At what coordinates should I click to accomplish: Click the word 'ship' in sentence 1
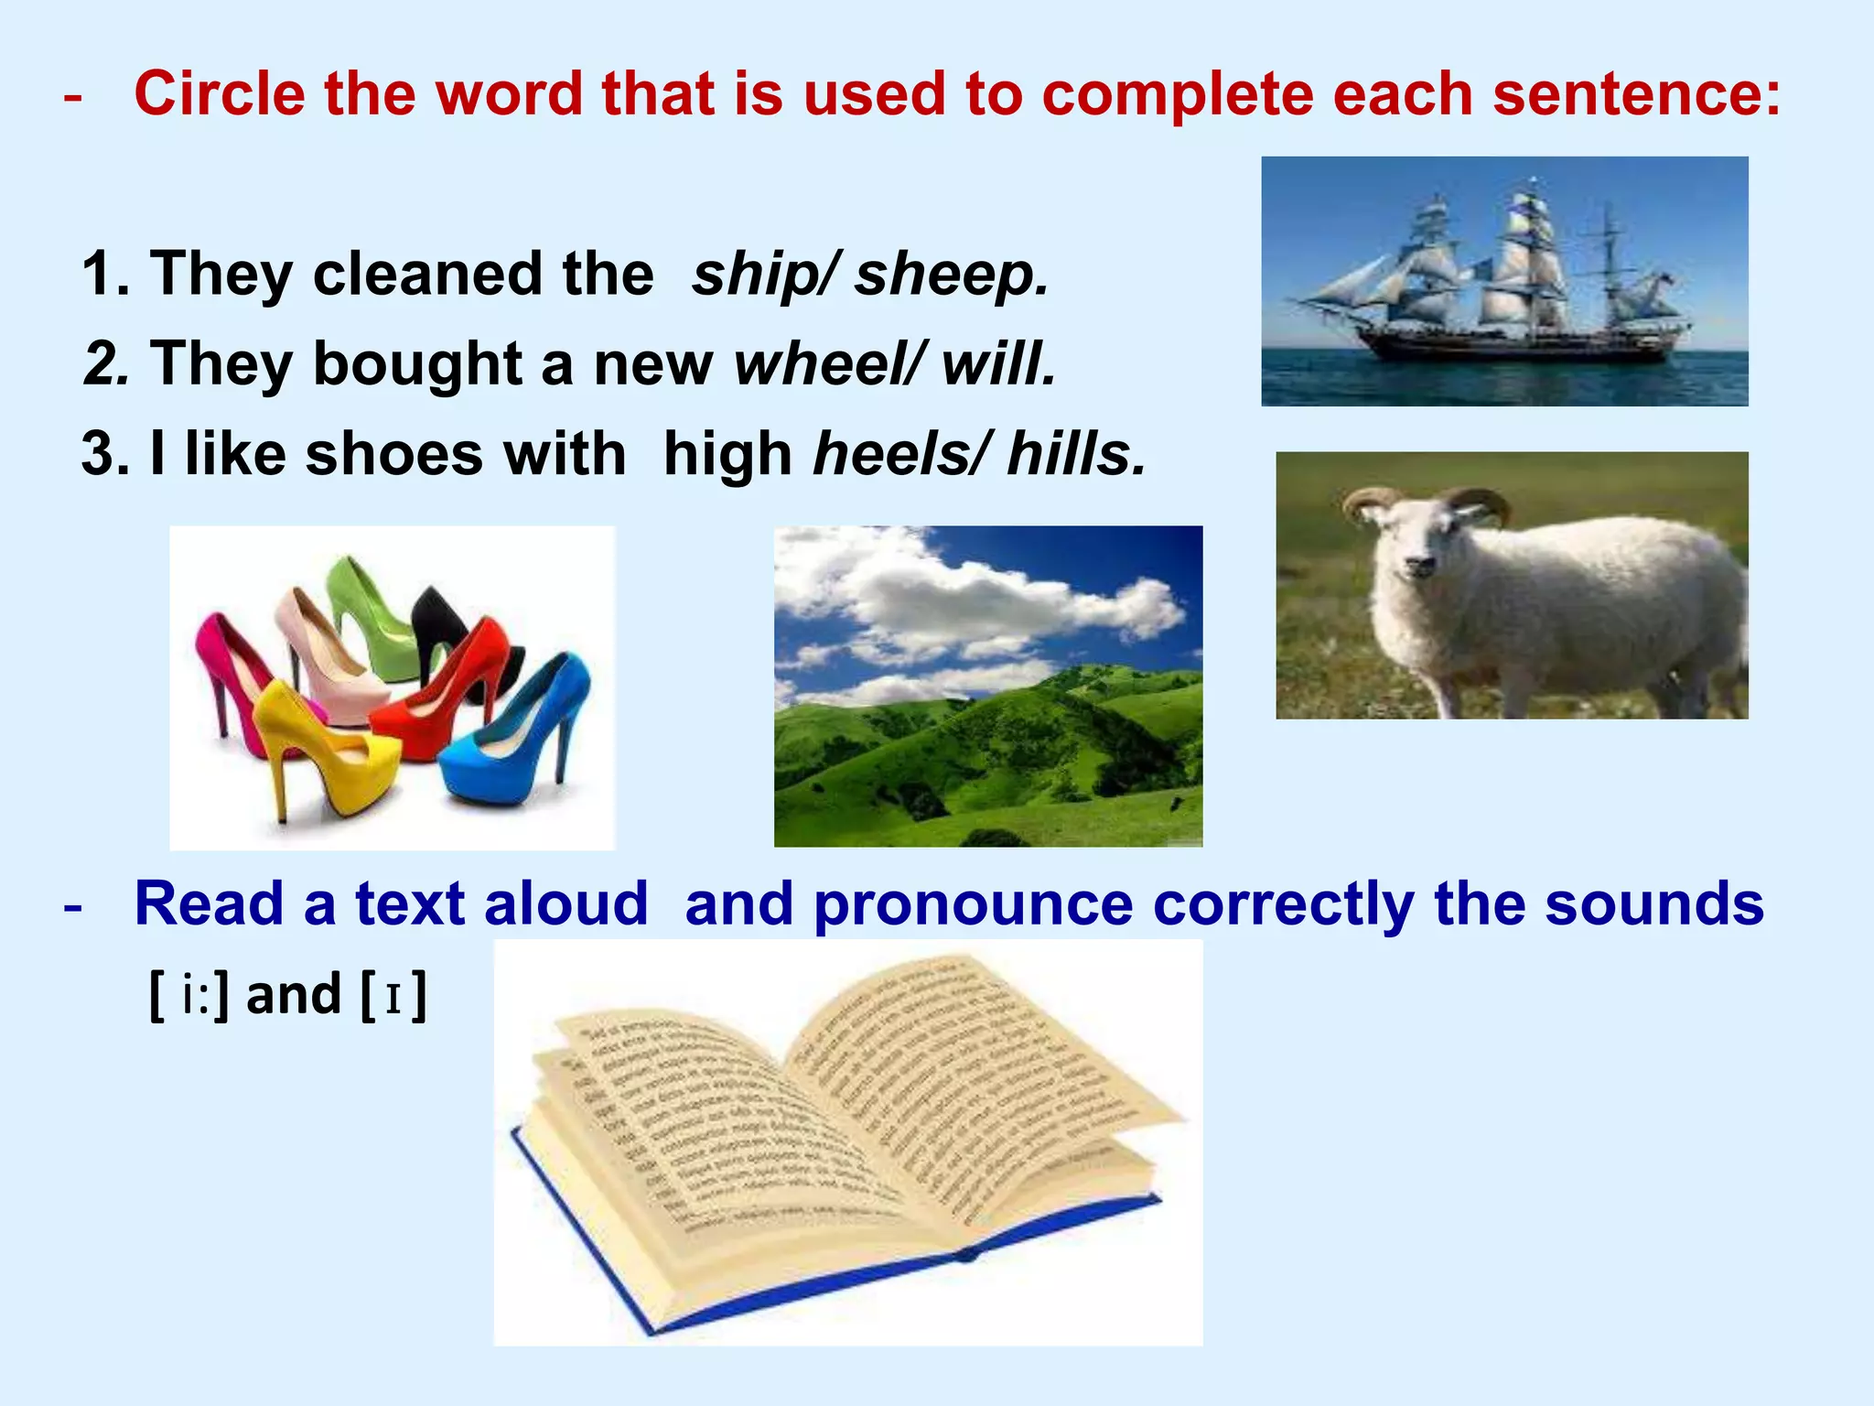click(x=756, y=275)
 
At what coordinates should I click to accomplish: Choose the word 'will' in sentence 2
click(x=997, y=364)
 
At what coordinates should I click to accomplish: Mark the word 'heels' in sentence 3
click(x=896, y=454)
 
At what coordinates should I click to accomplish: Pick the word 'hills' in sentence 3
click(x=1075, y=454)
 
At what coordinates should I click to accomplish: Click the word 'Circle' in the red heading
click(x=220, y=93)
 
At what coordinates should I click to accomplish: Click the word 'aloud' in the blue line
click(x=566, y=904)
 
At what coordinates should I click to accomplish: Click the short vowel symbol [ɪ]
click(x=393, y=996)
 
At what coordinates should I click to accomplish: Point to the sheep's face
click(x=1414, y=549)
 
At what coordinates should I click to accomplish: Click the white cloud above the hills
click(x=970, y=595)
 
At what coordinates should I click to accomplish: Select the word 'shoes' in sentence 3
click(x=393, y=454)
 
